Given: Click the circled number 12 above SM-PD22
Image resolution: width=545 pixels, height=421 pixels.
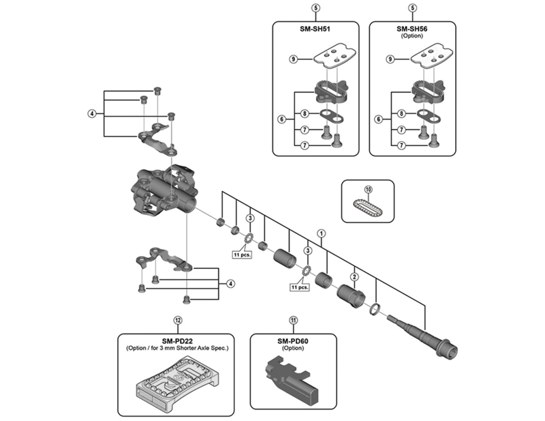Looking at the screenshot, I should point(178,319).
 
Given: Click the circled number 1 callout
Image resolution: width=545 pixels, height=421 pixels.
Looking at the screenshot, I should point(322,233).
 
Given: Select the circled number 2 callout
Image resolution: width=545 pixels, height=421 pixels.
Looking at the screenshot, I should point(354,276).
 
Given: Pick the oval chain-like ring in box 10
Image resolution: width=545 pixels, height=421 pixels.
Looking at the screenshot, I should point(369,205).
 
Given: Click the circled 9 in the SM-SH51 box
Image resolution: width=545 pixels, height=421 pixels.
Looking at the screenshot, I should point(293,60).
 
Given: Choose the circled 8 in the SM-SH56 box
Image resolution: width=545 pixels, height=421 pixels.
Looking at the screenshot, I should point(402,113).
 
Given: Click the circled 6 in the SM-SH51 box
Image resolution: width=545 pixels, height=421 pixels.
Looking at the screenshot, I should point(281,119).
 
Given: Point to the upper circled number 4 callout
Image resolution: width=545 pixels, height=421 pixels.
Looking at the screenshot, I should point(91,113).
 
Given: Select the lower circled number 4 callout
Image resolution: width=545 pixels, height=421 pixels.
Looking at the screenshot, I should point(231,283).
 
